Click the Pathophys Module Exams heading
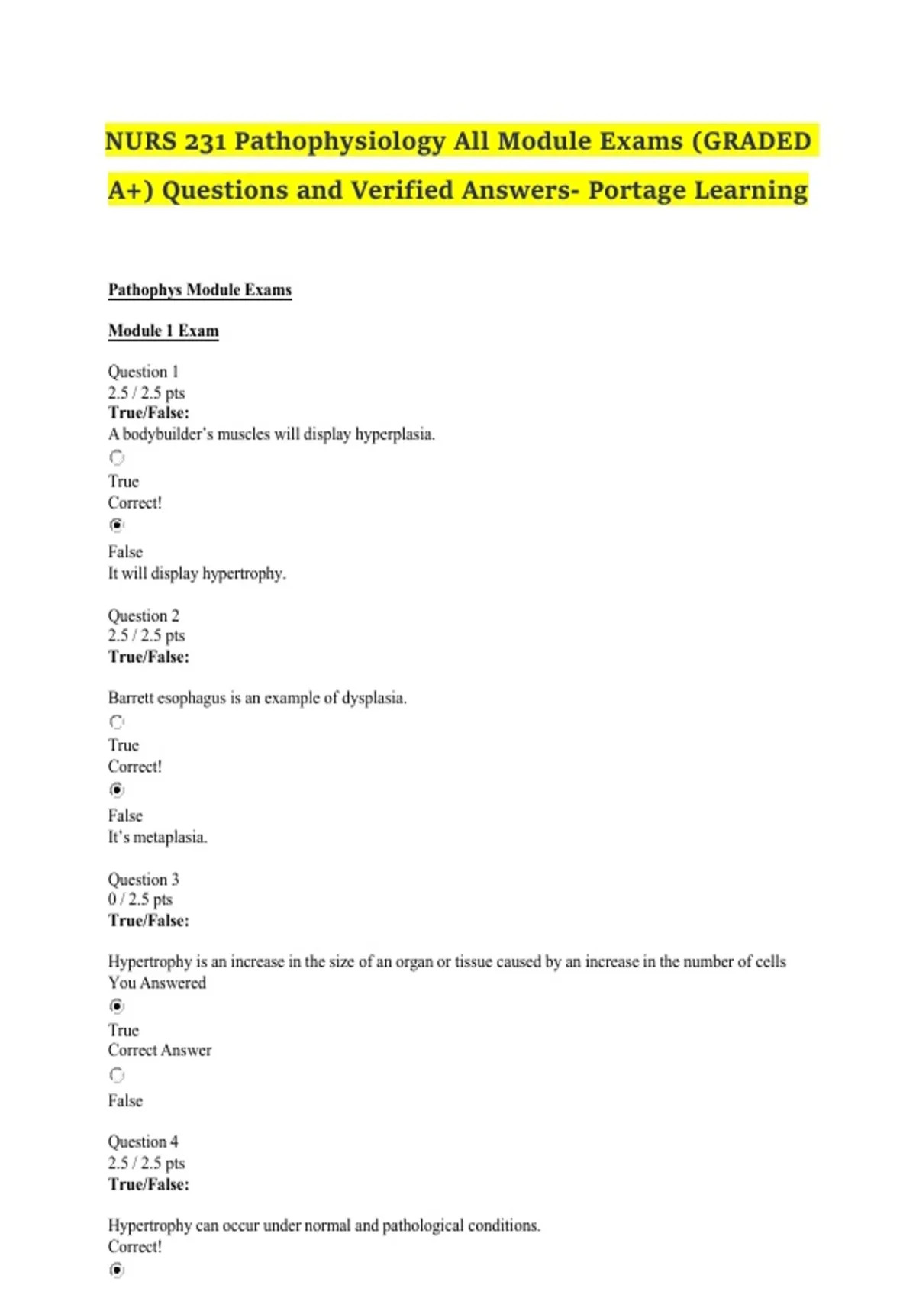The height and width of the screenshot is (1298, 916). (200, 290)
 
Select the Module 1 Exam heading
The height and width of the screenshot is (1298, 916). (163, 331)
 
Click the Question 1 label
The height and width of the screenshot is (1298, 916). (144, 372)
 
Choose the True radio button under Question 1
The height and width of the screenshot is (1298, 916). (117, 457)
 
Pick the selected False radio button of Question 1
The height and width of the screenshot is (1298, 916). (117, 525)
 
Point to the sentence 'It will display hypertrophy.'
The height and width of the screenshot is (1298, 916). (197, 573)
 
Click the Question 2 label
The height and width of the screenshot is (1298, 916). (144, 615)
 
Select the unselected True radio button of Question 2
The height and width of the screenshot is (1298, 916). (117, 722)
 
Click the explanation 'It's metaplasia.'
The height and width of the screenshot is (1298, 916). (157, 838)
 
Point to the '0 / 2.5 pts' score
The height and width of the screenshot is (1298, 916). (140, 899)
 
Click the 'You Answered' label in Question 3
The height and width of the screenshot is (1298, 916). (157, 983)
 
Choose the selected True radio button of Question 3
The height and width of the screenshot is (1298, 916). (117, 1006)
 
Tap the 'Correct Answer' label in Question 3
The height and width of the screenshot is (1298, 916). (160, 1051)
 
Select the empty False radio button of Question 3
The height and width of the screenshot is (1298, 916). (117, 1075)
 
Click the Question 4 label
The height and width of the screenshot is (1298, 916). (144, 1142)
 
